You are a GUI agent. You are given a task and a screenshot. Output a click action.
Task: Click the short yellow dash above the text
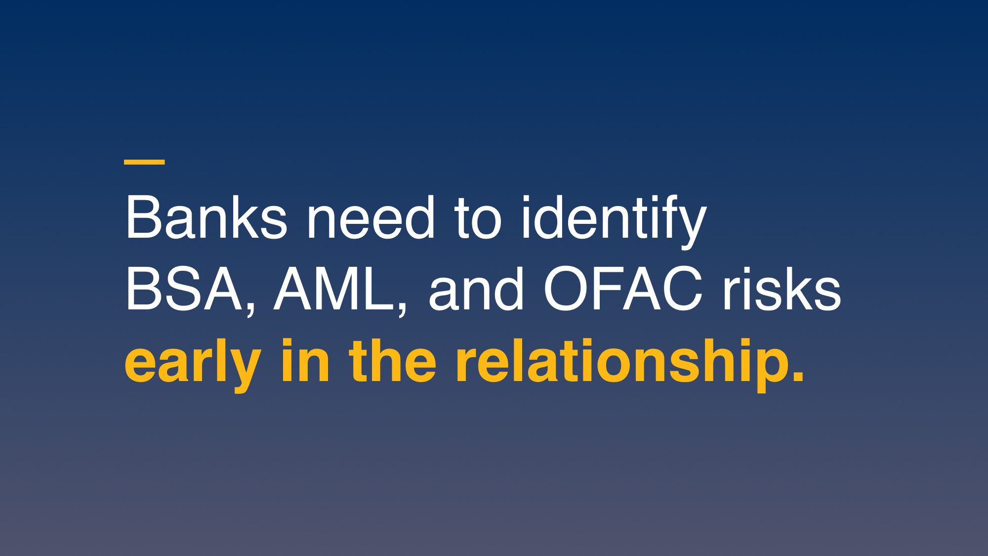[144, 162]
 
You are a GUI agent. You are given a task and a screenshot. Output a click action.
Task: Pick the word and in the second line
[476, 290]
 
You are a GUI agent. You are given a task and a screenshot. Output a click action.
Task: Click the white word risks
[782, 290]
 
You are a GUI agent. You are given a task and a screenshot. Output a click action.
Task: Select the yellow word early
[193, 366]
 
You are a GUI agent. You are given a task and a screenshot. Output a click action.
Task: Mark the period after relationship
[798, 376]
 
